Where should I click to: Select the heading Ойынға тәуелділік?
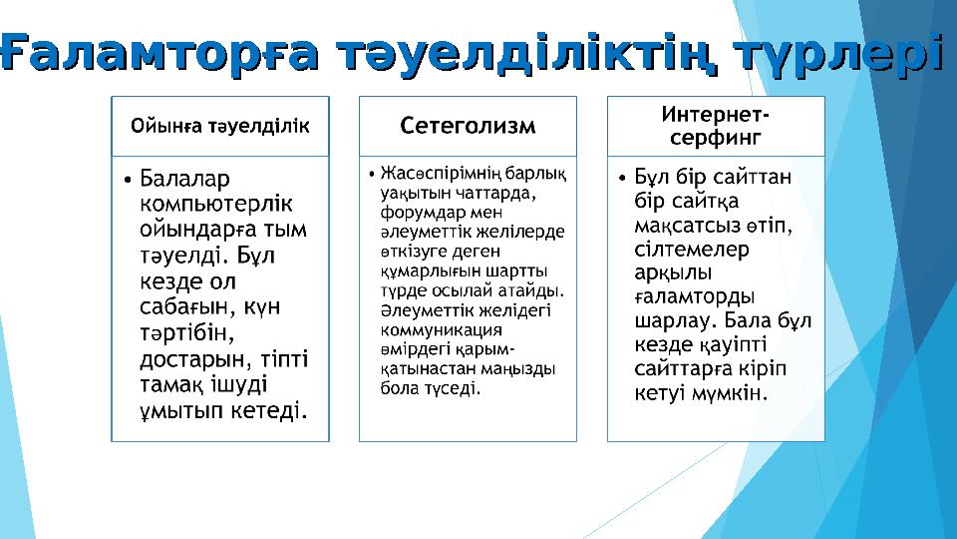tap(220, 126)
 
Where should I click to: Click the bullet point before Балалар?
tap(129, 181)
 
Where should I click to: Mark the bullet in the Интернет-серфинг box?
tap(623, 180)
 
